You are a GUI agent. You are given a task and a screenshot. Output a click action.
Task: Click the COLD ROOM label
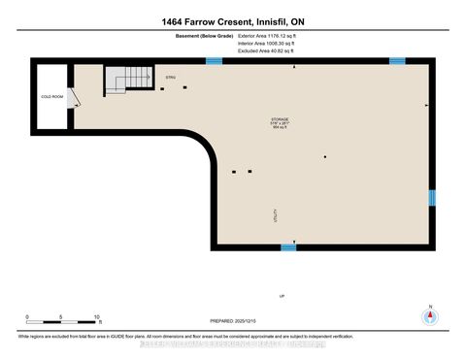[x=50, y=98]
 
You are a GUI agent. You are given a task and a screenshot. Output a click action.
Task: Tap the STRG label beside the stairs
[x=171, y=77]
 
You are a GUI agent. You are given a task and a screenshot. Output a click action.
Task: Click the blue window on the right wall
[x=432, y=198]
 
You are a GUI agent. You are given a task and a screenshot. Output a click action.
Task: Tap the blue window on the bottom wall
[x=288, y=247]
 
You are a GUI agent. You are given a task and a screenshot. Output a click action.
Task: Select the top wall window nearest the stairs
[x=214, y=61]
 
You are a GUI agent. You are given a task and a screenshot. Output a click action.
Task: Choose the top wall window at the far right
[x=396, y=61]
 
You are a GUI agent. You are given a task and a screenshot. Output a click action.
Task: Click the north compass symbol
[x=428, y=316]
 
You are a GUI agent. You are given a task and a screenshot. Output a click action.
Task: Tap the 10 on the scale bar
[x=97, y=316]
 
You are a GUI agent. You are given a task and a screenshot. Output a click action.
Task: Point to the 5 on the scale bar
[x=61, y=316]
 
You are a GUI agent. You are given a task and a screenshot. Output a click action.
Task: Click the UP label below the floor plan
[x=282, y=294]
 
